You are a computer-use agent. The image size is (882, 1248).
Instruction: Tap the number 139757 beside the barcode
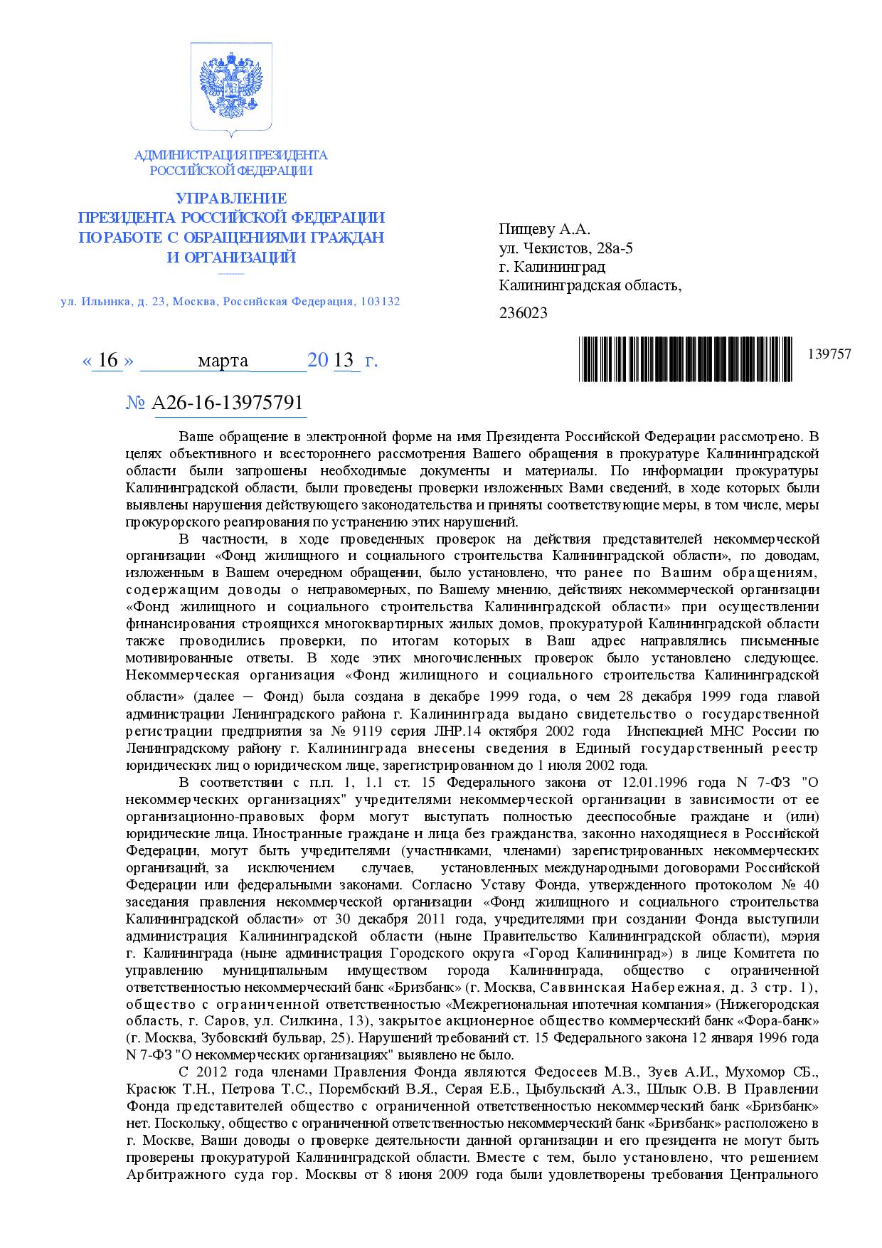click(x=829, y=354)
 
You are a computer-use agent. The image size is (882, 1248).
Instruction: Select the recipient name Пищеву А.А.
click(x=545, y=230)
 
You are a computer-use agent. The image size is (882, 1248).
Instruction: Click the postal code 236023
click(x=524, y=312)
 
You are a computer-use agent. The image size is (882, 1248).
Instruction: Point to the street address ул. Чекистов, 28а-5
click(x=566, y=248)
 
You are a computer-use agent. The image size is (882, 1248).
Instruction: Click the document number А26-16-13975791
click(x=228, y=403)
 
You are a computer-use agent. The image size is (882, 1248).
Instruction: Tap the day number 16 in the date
click(x=108, y=361)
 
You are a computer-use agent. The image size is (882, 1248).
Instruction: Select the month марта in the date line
click(x=223, y=361)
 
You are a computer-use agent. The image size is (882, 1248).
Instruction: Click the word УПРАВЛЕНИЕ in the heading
click(x=231, y=199)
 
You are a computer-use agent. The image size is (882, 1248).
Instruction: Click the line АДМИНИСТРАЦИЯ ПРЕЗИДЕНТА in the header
click(x=230, y=155)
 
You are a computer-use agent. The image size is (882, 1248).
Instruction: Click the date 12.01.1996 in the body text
click(x=644, y=783)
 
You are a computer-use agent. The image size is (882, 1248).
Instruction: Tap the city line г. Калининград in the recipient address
click(x=553, y=267)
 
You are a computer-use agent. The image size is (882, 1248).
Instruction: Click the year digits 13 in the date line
click(x=344, y=361)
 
